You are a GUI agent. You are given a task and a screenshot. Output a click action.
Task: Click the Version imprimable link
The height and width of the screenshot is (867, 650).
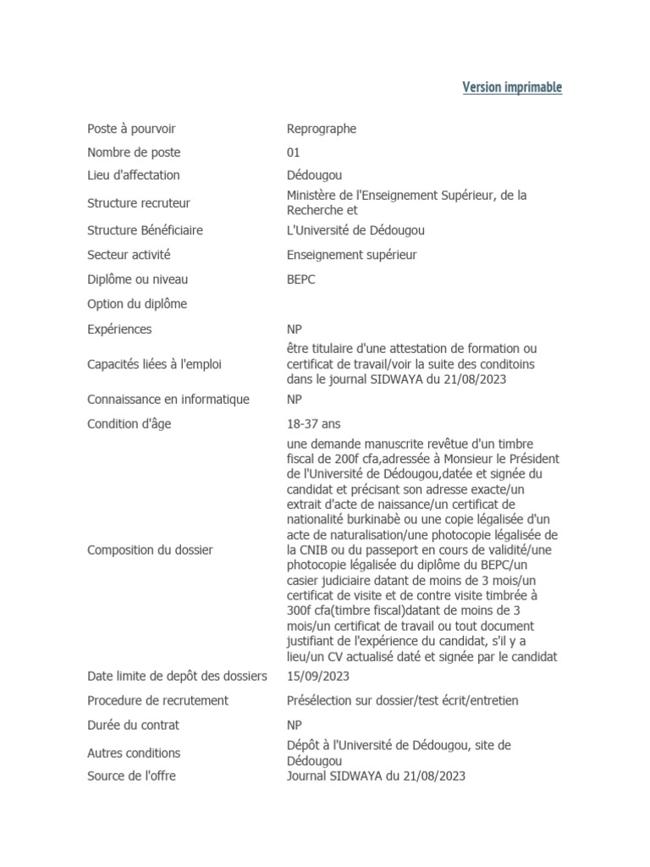pyautogui.click(x=512, y=87)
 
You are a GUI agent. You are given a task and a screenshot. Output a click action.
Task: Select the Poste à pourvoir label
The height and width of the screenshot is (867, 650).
pyautogui.click(x=131, y=129)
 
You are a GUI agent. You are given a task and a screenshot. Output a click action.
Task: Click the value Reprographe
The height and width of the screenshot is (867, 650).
pyautogui.click(x=322, y=129)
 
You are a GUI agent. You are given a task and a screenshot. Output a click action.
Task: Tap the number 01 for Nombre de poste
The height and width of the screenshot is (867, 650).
pyautogui.click(x=294, y=152)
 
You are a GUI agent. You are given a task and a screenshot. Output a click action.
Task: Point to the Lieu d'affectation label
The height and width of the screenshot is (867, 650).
pyautogui.click(x=134, y=175)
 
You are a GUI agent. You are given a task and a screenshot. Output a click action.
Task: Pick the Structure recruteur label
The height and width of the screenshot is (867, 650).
pyautogui.click(x=139, y=203)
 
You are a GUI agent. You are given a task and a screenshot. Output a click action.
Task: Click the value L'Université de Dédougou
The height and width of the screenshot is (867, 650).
pyautogui.click(x=355, y=230)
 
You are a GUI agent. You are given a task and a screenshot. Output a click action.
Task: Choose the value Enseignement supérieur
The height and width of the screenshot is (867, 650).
pyautogui.click(x=352, y=254)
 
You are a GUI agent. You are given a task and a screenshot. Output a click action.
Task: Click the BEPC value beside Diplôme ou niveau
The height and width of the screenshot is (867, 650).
pyautogui.click(x=301, y=279)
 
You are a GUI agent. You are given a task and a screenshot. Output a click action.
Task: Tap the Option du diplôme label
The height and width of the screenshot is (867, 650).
pyautogui.click(x=137, y=304)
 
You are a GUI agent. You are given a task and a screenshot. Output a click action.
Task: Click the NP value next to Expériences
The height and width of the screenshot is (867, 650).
pyautogui.click(x=295, y=329)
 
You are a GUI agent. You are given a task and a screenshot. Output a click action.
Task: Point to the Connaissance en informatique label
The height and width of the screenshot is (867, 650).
pyautogui.click(x=168, y=400)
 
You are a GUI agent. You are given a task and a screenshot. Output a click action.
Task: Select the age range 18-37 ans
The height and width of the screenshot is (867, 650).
pyautogui.click(x=314, y=423)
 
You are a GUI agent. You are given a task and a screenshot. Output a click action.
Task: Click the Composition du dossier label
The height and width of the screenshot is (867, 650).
pyautogui.click(x=150, y=550)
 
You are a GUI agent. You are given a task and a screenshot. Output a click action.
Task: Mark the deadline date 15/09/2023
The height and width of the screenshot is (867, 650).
pyautogui.click(x=318, y=676)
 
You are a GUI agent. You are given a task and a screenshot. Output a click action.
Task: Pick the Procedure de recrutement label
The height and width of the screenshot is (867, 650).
pyautogui.click(x=158, y=700)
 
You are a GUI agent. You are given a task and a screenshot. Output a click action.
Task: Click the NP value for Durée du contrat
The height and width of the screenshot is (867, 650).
pyautogui.click(x=295, y=725)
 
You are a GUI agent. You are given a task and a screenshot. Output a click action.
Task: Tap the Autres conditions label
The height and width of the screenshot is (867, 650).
pyautogui.click(x=134, y=753)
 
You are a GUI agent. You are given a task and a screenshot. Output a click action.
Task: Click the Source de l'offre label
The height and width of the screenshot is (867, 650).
pyautogui.click(x=131, y=776)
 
